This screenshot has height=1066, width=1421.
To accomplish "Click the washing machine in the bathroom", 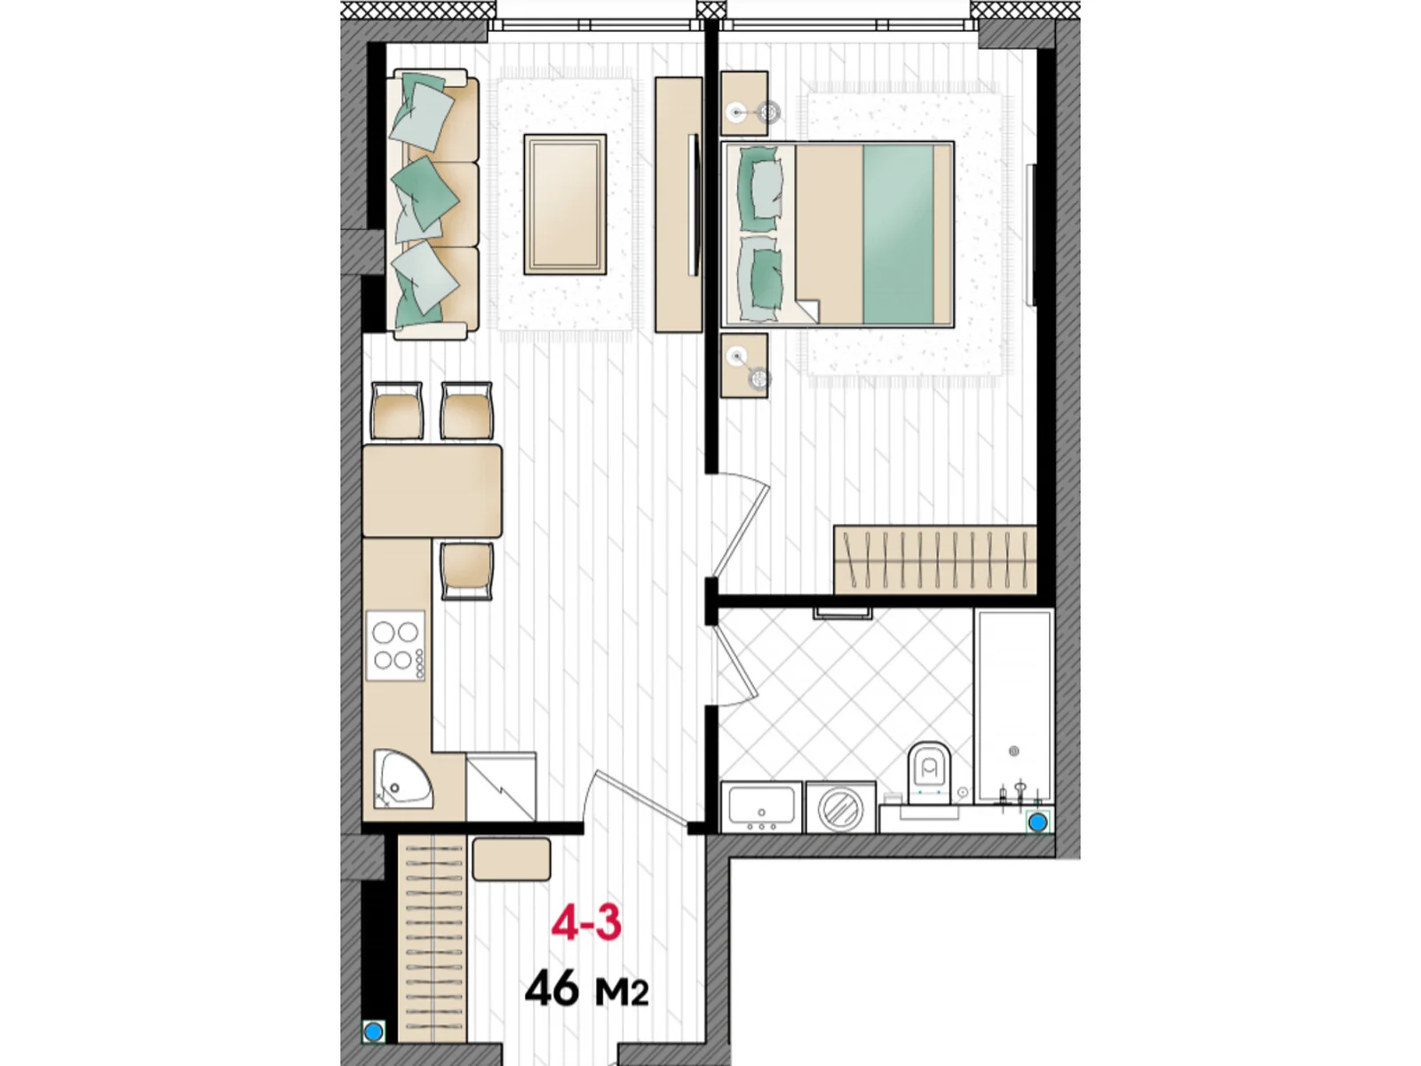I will [x=840, y=807].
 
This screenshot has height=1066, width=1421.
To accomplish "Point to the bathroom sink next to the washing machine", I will [x=761, y=807].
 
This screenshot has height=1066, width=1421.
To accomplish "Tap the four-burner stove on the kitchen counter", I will [x=396, y=646].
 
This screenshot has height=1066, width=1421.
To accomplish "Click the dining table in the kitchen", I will [x=432, y=491].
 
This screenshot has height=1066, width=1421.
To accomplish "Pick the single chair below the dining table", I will [x=466, y=569].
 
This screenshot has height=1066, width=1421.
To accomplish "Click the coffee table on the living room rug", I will [x=565, y=204].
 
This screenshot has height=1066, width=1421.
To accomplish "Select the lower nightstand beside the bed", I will [x=743, y=365].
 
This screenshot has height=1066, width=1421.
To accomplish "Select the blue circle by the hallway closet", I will [x=374, y=1031].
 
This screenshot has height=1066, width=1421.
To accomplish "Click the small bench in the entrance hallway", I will [x=512, y=859].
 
